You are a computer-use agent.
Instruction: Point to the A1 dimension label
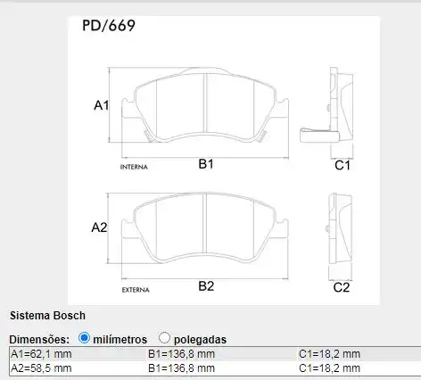pyautogui.click(x=101, y=106)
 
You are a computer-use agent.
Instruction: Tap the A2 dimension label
pyautogui.click(x=99, y=227)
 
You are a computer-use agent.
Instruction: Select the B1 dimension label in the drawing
pyautogui.click(x=205, y=165)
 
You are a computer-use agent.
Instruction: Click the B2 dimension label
pyautogui.click(x=206, y=286)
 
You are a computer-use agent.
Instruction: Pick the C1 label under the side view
pyautogui.click(x=342, y=166)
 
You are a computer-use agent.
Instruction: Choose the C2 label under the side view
pyautogui.click(x=341, y=287)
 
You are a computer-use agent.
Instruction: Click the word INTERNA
pyautogui.click(x=134, y=167)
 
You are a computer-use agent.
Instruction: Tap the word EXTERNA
pyautogui.click(x=135, y=290)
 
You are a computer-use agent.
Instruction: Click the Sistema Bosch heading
pyautogui.click(x=47, y=316)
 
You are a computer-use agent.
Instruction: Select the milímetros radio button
pyautogui.click(x=85, y=338)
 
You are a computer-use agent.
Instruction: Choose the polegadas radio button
pyautogui.click(x=164, y=338)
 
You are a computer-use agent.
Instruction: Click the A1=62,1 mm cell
pyautogui.click(x=41, y=354)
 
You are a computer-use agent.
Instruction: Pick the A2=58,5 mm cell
pyautogui.click(x=41, y=368)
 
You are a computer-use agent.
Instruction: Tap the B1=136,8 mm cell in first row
pyautogui.click(x=182, y=354)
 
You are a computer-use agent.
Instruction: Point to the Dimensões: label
pyautogui.click(x=39, y=339)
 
